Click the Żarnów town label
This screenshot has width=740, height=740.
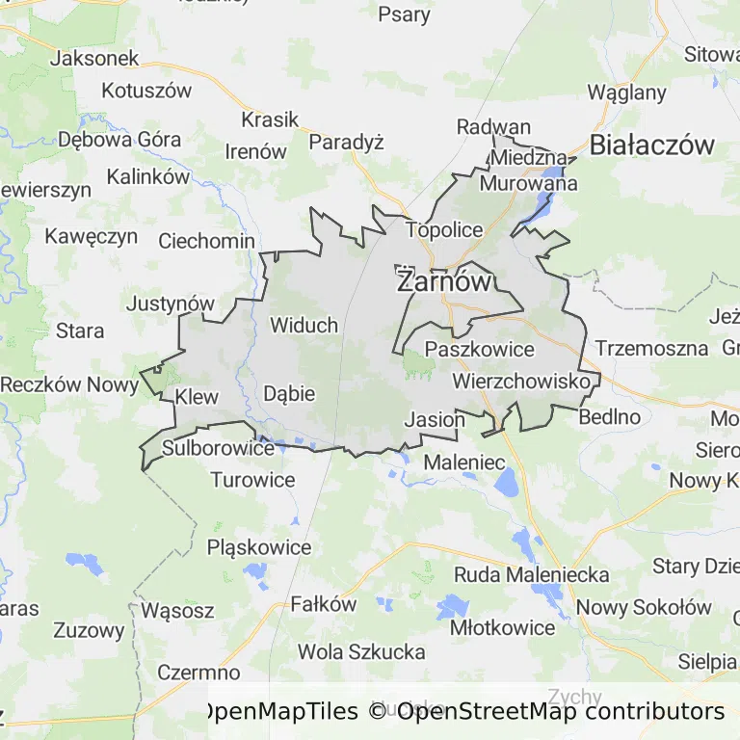444,282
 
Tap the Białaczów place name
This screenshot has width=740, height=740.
652,145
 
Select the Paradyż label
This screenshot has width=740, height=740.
346,143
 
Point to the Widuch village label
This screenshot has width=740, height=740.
304,325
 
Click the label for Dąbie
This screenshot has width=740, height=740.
289,393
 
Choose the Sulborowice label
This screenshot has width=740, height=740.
218,448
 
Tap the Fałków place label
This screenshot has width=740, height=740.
324,605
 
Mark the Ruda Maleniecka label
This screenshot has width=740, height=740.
532,575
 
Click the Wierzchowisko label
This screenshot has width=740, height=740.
520,383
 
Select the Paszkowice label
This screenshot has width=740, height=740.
479,350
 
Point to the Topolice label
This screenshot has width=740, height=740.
443,229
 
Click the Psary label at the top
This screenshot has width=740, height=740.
404,14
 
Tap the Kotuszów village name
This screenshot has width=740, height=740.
146,92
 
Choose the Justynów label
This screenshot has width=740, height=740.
171,304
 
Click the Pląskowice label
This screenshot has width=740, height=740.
259,547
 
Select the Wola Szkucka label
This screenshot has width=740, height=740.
361,652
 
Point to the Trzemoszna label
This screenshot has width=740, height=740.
651,349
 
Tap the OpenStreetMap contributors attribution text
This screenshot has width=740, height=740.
561,712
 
